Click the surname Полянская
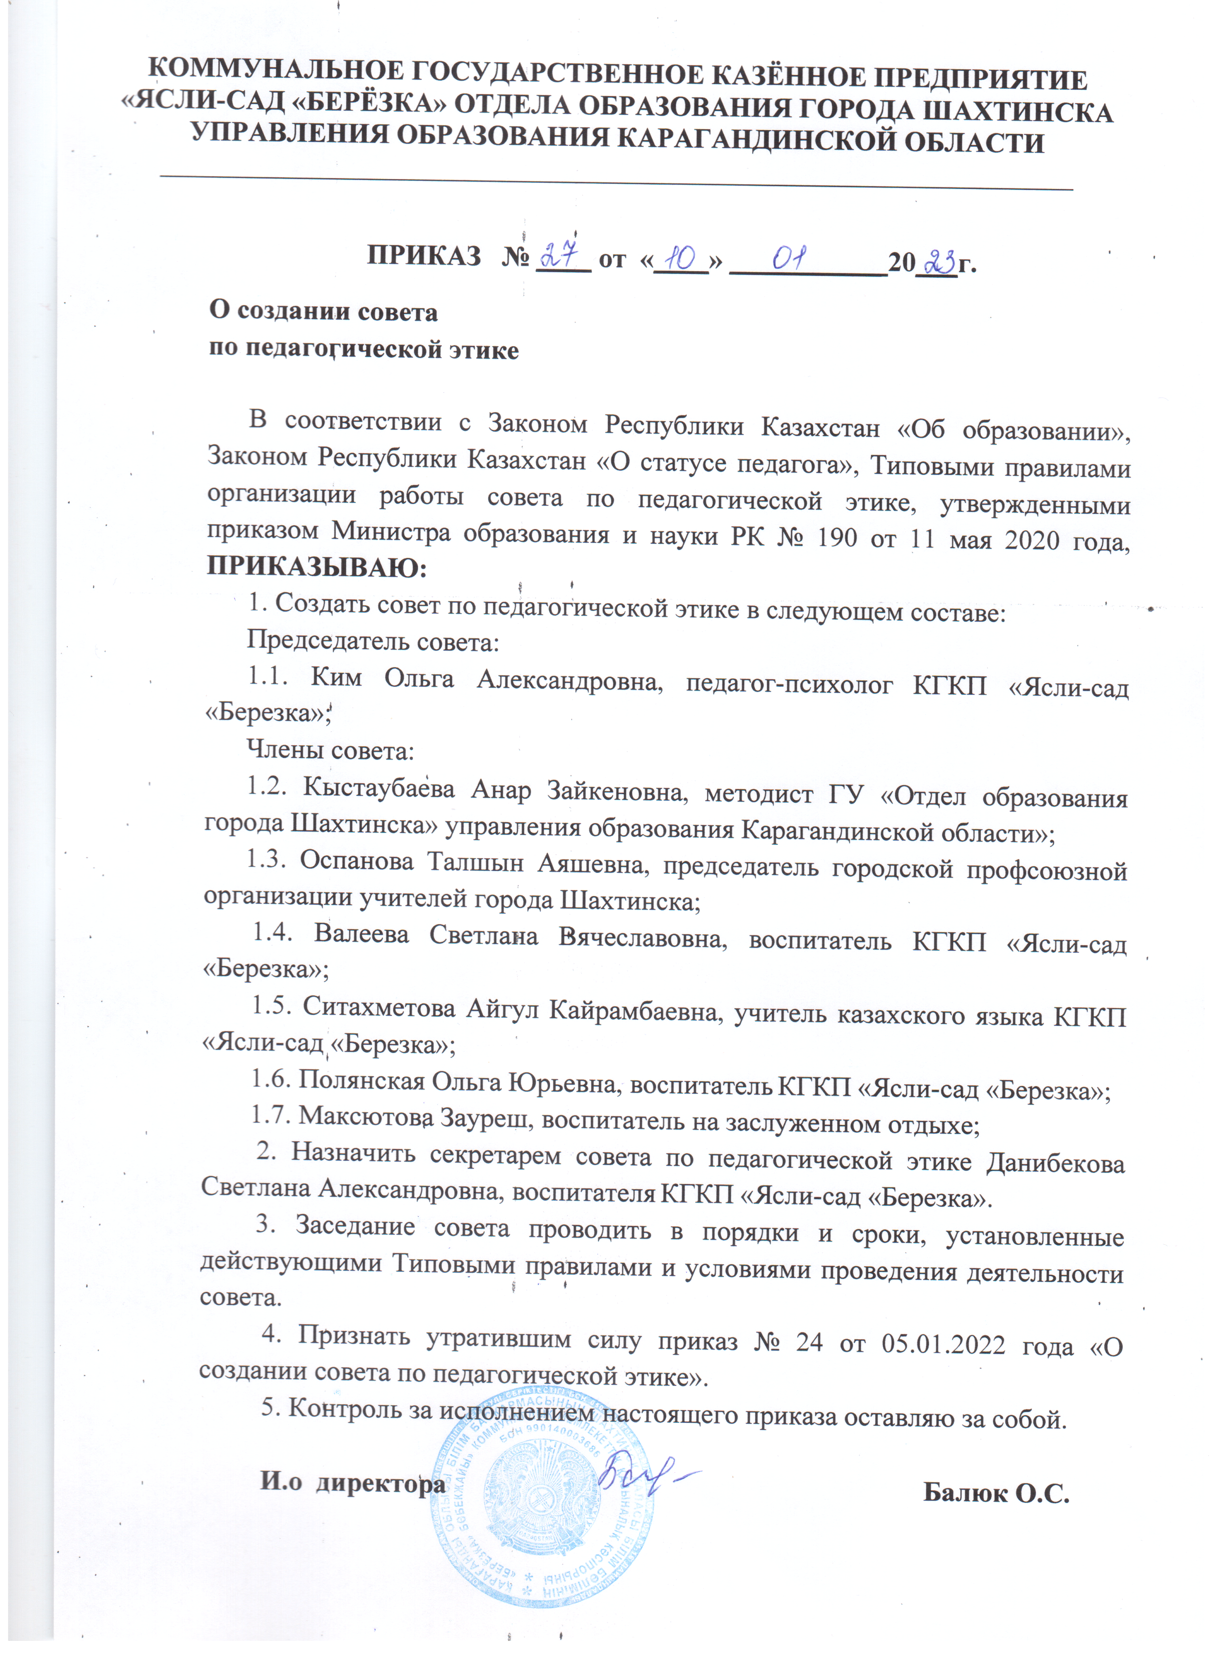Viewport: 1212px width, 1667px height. pos(361,1080)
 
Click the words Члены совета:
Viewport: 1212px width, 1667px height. pos(330,751)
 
